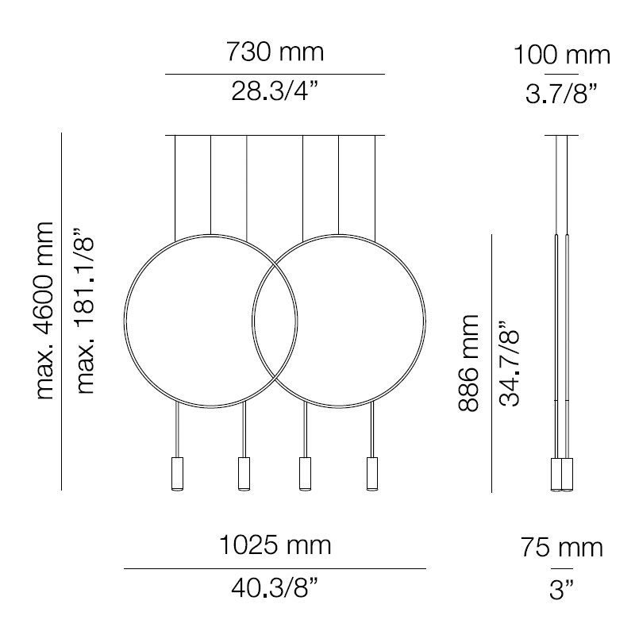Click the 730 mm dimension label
[x=275, y=52]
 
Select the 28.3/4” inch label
[x=275, y=91]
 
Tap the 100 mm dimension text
[x=562, y=55]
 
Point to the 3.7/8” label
[x=562, y=94]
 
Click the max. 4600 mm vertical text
[x=44, y=310]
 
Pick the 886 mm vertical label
[x=468, y=363]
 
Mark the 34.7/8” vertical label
[x=508, y=363]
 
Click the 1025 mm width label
[x=275, y=545]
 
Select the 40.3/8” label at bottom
[x=275, y=588]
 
